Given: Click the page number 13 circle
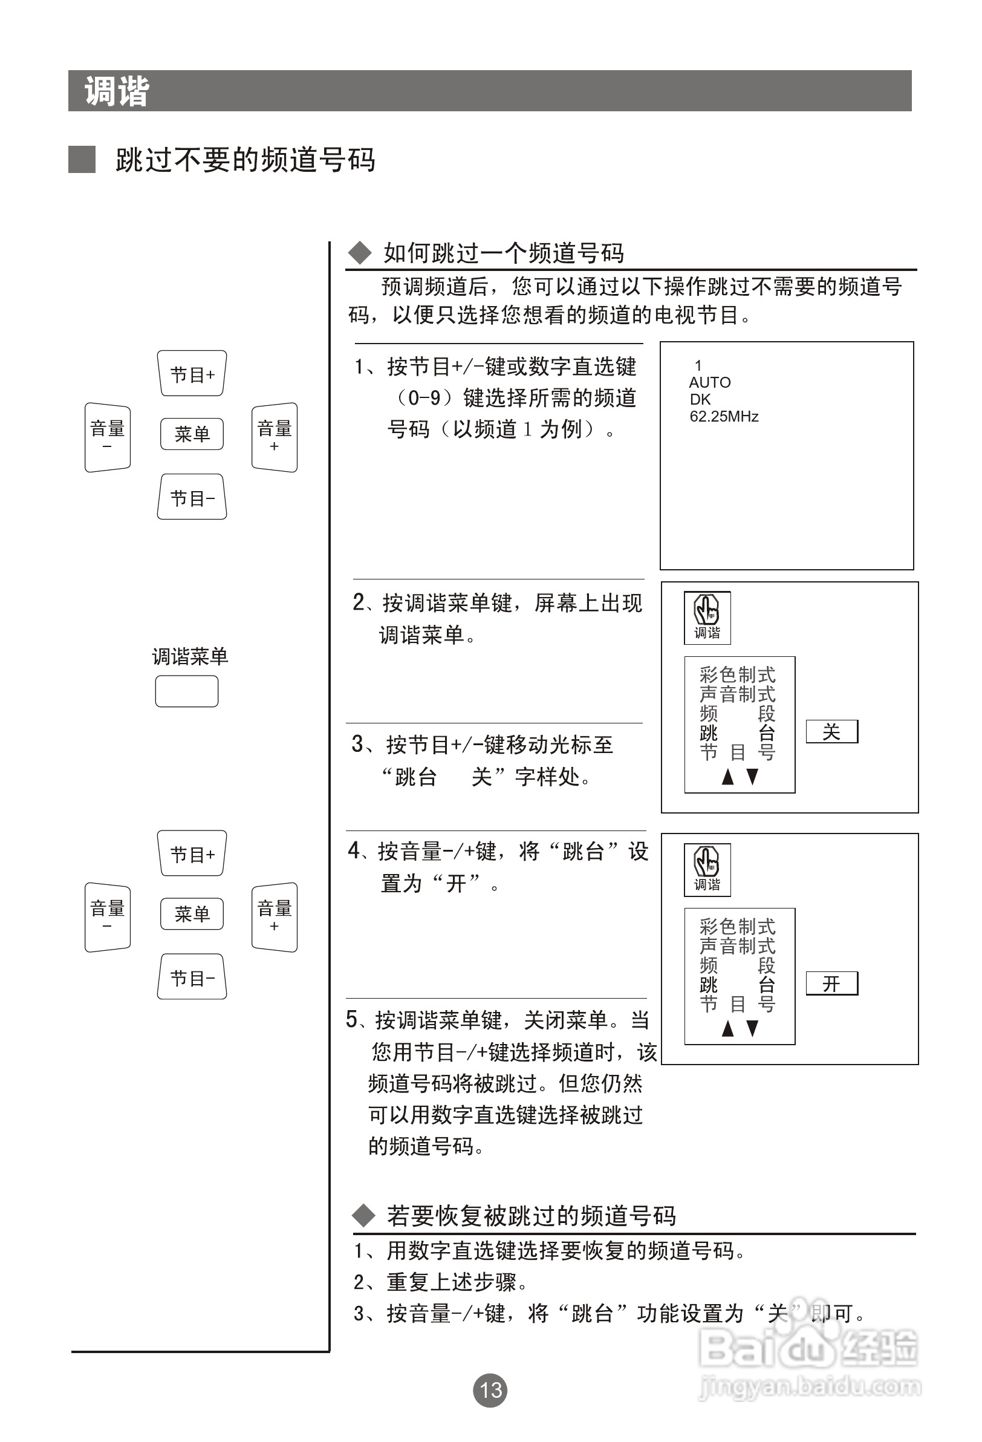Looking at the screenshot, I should tap(490, 1390).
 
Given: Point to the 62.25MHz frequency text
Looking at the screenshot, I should tap(724, 416).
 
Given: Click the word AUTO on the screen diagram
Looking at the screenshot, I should tap(710, 382).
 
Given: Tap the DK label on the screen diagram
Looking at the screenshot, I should tap(700, 400).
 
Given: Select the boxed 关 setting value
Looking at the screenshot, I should tap(831, 731).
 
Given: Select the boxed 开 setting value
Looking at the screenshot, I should tap(831, 984).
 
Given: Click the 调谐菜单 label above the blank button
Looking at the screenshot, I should tap(190, 656).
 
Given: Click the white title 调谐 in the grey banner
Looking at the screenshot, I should tap(117, 91).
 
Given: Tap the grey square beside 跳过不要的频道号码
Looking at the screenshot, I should tap(82, 160).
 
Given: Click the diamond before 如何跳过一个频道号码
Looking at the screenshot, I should tap(359, 253).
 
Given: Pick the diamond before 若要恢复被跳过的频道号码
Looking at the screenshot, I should tap(364, 1216).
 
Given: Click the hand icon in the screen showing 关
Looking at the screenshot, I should tap(707, 609).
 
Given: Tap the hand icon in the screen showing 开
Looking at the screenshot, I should tap(707, 861).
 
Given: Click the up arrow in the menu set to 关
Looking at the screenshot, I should tap(728, 777).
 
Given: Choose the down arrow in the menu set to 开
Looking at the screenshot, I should tap(752, 1029).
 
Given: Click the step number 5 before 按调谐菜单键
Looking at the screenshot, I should tap(352, 1019).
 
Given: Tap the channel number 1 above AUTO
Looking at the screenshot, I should tap(698, 365).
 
